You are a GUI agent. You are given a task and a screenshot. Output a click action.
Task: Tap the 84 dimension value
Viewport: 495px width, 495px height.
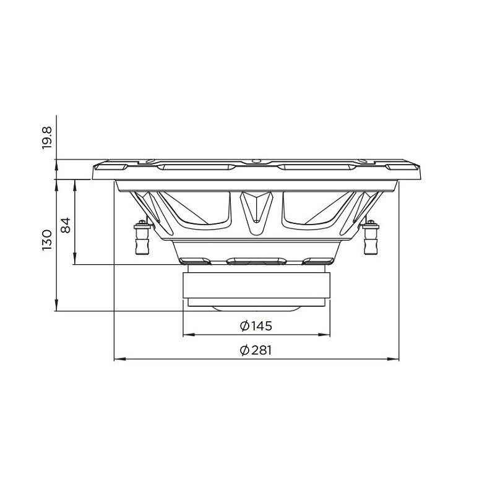(x=66, y=225)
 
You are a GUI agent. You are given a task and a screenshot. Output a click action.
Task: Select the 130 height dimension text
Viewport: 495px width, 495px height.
(x=46, y=240)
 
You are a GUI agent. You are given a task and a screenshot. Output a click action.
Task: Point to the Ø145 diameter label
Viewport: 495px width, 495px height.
(x=256, y=326)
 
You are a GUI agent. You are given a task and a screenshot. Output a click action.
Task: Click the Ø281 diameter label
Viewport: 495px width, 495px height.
(x=256, y=350)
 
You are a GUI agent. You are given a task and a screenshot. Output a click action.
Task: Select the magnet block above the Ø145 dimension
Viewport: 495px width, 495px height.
(x=256, y=285)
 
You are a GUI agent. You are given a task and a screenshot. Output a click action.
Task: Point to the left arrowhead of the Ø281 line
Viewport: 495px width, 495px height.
(x=120, y=359)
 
